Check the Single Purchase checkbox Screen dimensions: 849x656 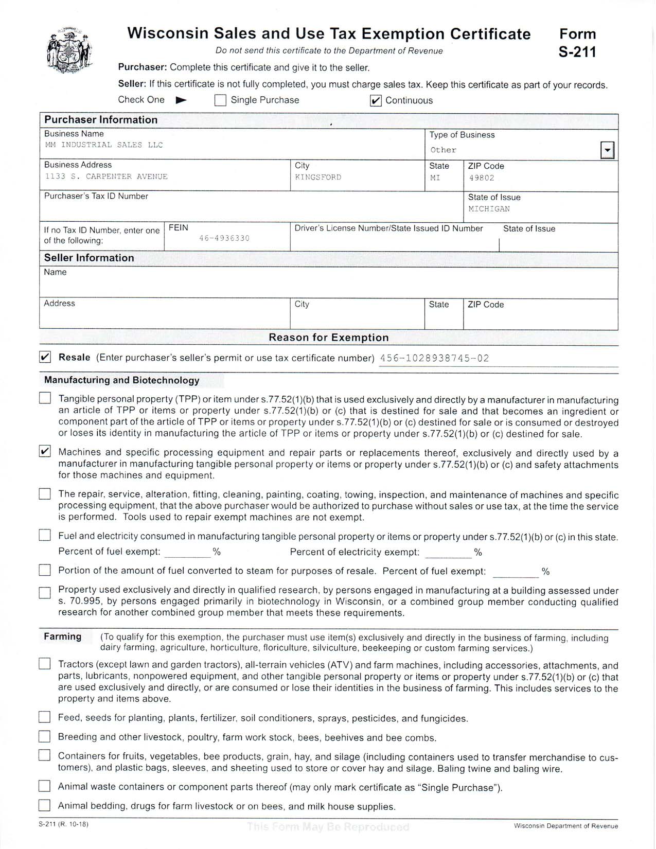coord(220,100)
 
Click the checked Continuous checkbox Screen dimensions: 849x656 coord(376,101)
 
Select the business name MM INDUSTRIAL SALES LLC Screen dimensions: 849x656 coord(104,145)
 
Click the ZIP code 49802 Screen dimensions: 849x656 coord(482,178)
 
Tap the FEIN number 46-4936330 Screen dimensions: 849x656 coord(224,239)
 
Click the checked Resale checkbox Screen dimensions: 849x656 coord(45,357)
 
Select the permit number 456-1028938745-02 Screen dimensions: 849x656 coord(434,359)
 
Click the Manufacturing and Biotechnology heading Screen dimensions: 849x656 coord(122,381)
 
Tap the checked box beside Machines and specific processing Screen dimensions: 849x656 coord(45,452)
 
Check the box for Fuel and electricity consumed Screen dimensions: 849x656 coord(45,536)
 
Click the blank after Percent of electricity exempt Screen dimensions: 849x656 coord(448,553)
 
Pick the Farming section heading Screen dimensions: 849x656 coord(63,637)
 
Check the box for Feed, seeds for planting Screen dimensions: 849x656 coord(45,717)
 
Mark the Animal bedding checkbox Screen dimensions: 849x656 coord(45,805)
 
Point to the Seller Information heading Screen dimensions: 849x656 coord(89,258)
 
